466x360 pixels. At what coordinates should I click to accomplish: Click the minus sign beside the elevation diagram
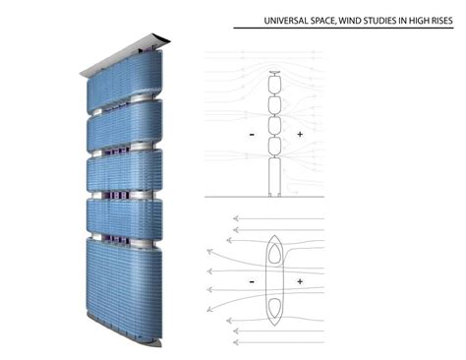click(253, 132)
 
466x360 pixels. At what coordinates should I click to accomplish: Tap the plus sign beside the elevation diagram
click(298, 132)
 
